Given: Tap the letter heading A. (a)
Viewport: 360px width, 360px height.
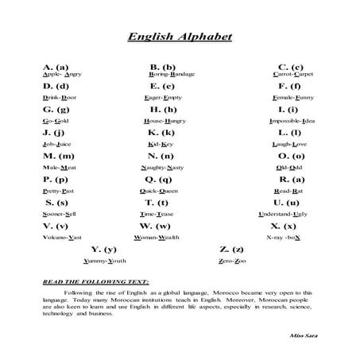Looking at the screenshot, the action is [56, 67].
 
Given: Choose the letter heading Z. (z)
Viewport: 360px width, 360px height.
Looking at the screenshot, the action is [231, 250].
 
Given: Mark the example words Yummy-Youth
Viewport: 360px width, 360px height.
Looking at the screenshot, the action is [106, 261].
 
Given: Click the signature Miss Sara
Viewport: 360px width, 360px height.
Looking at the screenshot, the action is [305, 336].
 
